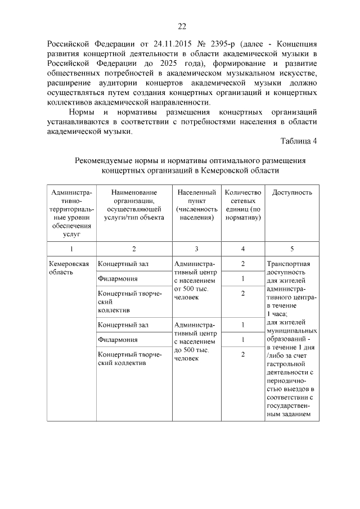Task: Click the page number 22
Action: click(181, 26)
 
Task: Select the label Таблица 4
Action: click(299, 141)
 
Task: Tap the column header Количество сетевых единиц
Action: click(243, 205)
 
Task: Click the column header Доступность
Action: click(292, 192)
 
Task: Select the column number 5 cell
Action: click(292, 248)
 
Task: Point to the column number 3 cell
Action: click(196, 248)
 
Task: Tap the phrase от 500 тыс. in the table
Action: click(191, 289)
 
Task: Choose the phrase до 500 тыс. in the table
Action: click(191, 350)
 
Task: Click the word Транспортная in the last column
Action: click(289, 264)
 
